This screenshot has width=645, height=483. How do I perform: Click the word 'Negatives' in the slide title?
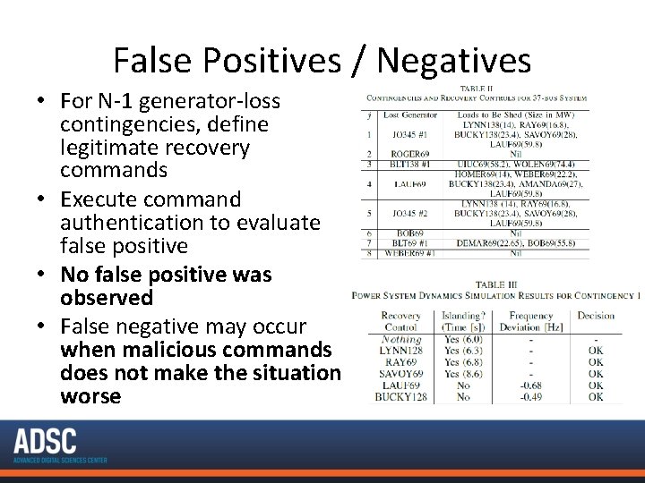(x=454, y=61)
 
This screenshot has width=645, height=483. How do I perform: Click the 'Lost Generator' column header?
(x=409, y=114)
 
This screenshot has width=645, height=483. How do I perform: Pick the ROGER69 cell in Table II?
(x=409, y=154)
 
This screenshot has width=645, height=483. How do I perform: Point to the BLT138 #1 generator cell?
(x=411, y=165)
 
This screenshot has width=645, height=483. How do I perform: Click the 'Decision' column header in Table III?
(x=596, y=316)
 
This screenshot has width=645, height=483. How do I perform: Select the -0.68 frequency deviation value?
(x=531, y=386)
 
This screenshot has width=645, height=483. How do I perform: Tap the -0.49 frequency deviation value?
(x=531, y=396)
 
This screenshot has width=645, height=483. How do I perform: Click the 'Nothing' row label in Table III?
(x=401, y=340)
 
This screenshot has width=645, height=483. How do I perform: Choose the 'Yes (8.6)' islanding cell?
(x=463, y=374)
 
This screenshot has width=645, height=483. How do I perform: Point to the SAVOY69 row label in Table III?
(x=400, y=374)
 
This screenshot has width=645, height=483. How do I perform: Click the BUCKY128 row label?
(x=400, y=396)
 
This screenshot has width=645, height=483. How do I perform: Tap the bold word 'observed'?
(x=107, y=297)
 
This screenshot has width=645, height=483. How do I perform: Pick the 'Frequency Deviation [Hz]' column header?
(x=531, y=321)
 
